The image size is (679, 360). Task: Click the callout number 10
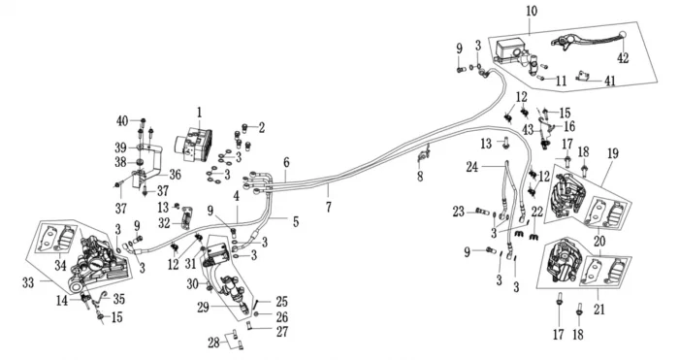click(532, 11)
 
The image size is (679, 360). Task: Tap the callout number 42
click(623, 57)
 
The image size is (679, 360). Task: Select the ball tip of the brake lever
click(623, 35)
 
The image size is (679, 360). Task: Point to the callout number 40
click(122, 121)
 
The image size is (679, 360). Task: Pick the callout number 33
click(28, 283)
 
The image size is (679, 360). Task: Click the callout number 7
click(329, 207)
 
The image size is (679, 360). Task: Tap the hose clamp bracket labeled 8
click(423, 155)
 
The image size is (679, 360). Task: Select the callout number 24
click(472, 167)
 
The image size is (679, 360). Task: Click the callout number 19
click(613, 153)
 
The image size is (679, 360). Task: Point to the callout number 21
click(598, 310)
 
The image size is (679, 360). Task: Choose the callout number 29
click(203, 308)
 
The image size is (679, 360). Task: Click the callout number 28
click(213, 344)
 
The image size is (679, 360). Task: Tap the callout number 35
click(119, 299)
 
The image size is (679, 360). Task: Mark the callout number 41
click(610, 81)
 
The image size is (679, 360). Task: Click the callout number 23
click(459, 212)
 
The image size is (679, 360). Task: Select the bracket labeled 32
click(186, 218)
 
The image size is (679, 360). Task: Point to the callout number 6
click(286, 163)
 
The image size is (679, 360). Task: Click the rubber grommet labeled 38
click(140, 162)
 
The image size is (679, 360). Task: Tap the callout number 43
click(529, 129)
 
